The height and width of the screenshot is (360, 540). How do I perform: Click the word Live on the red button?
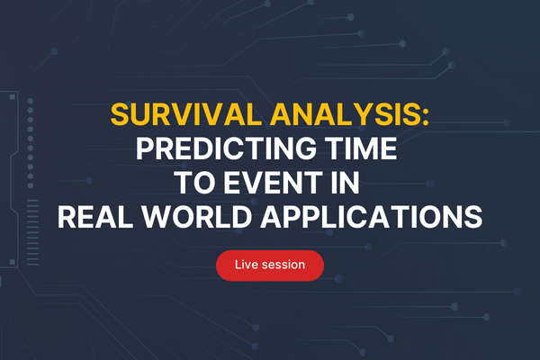coord(246,265)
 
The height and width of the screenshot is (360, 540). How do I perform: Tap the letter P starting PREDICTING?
coord(145,149)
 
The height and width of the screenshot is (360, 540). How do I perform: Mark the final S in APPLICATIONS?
coord(474,217)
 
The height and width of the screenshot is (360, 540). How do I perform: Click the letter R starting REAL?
coord(66,217)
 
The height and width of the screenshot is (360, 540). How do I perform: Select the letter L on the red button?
coord(238,265)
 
